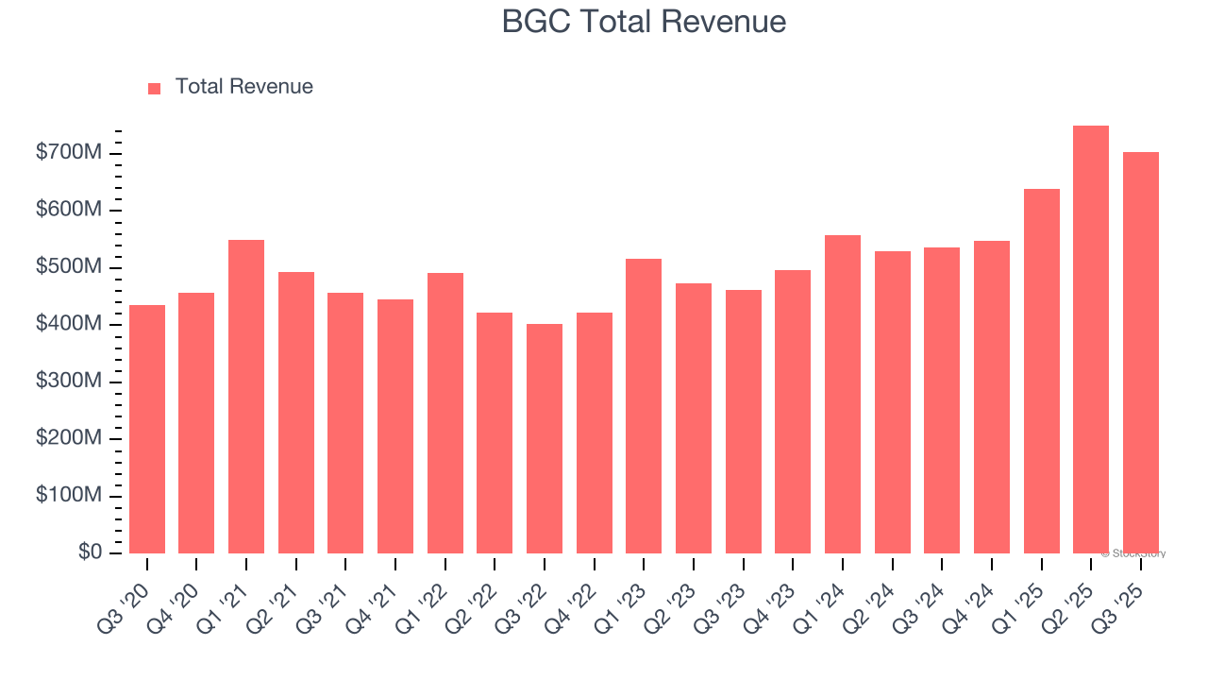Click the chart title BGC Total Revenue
click(x=644, y=22)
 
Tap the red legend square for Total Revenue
click(x=155, y=88)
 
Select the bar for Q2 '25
click(x=1091, y=340)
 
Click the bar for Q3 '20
click(x=147, y=430)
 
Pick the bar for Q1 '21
click(x=246, y=397)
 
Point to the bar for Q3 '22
click(x=545, y=439)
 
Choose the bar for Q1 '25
click(x=1041, y=371)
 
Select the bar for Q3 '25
click(x=1140, y=353)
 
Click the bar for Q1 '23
click(x=644, y=406)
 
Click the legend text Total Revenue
click(x=244, y=87)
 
